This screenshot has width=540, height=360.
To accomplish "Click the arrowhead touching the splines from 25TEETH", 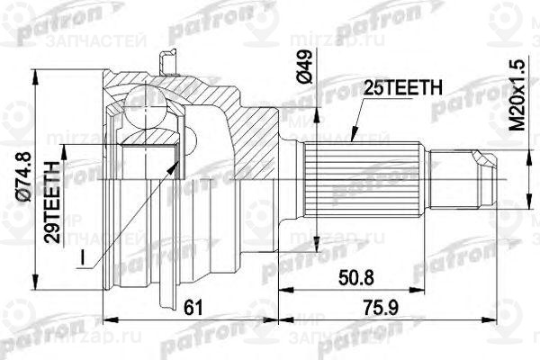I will [352, 142].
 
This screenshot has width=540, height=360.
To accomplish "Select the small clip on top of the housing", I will [164, 61].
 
